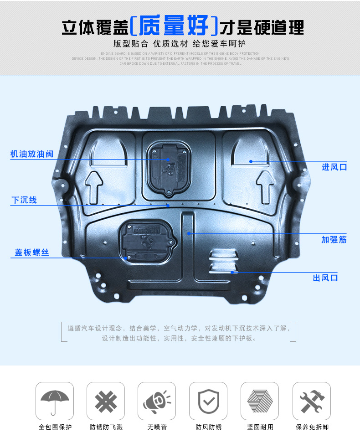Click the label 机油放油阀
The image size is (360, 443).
(32, 154)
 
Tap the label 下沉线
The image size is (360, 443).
(24, 200)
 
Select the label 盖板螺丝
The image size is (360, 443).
(32, 252)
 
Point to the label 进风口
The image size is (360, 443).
(334, 167)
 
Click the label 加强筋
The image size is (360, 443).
(334, 239)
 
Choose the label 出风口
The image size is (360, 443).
(325, 278)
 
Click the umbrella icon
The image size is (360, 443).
(55, 401)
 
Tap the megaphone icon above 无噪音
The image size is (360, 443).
(157, 401)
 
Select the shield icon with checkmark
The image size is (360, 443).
(208, 401)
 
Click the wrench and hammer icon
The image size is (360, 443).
(312, 401)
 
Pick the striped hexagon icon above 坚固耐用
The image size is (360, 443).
(260, 401)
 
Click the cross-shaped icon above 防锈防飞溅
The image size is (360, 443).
(106, 401)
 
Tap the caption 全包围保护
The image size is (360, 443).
(55, 428)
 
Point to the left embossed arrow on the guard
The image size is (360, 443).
(94, 185)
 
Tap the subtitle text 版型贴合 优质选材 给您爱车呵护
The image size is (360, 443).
(180, 44)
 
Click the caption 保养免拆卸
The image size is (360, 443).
(312, 428)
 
